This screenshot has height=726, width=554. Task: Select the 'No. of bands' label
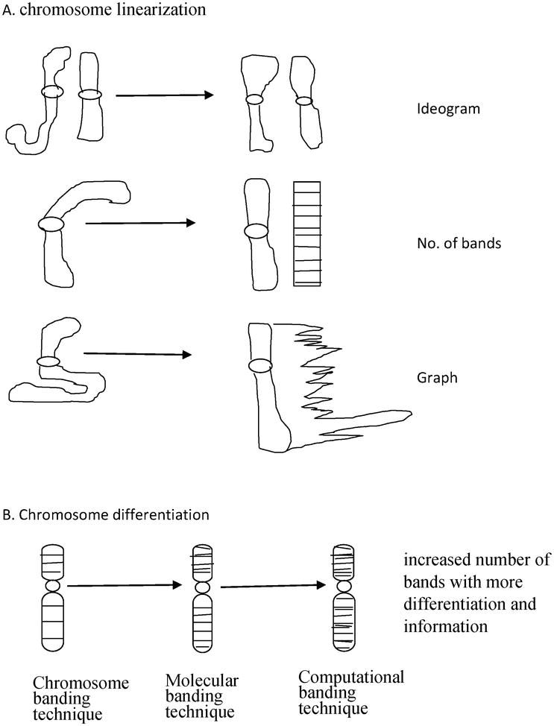(x=451, y=243)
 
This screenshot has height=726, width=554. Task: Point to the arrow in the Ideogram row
(x=165, y=95)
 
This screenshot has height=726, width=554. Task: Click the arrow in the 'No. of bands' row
(x=140, y=223)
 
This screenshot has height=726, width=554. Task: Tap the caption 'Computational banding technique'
(x=350, y=690)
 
